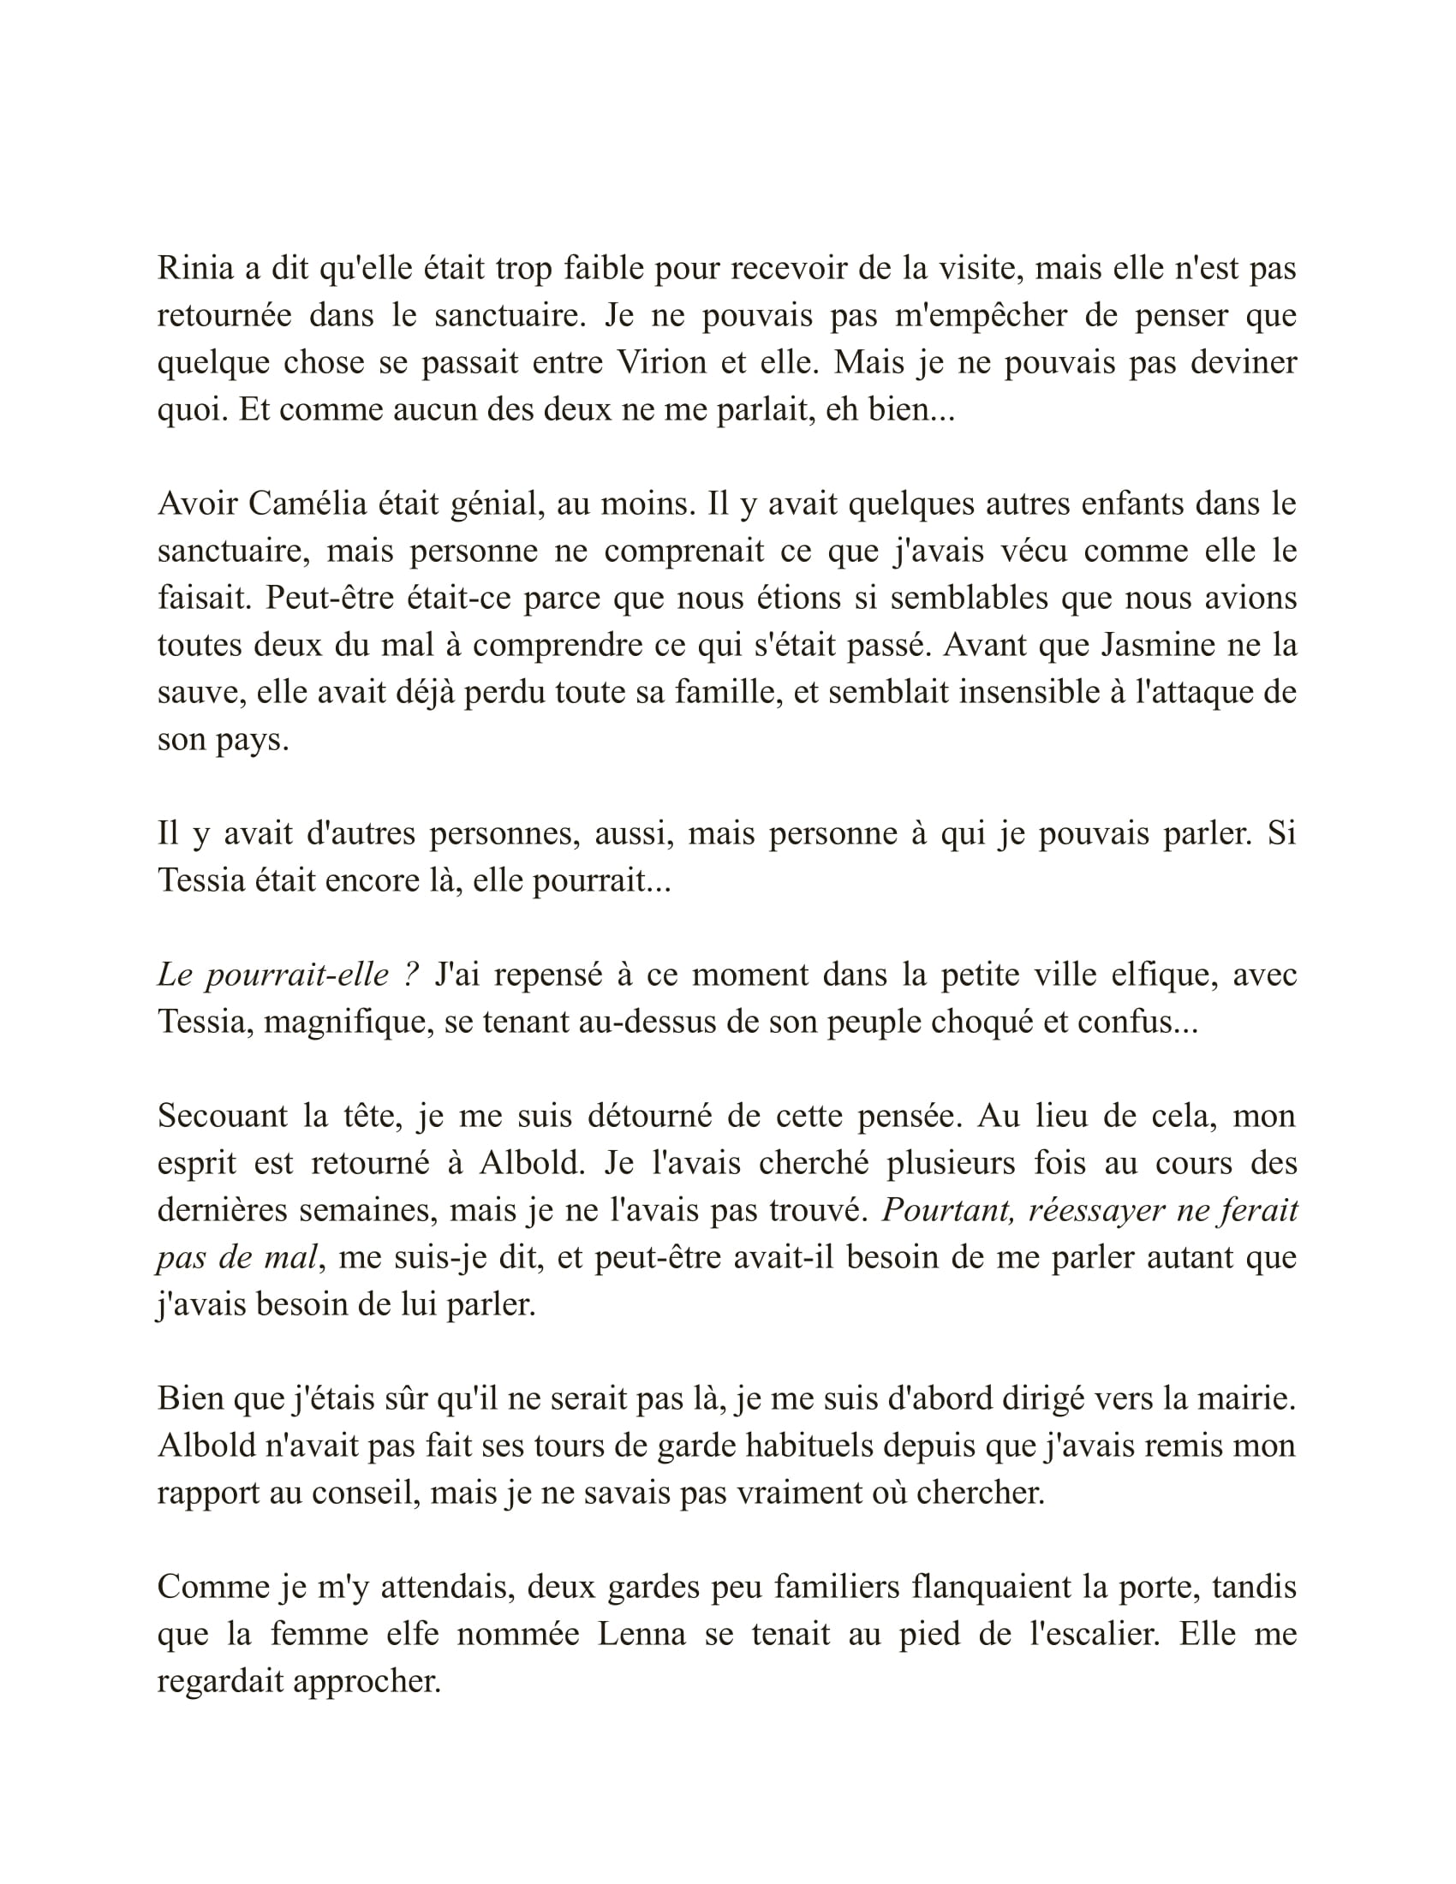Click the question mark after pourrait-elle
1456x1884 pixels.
[x=410, y=975]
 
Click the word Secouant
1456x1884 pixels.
[x=222, y=1116]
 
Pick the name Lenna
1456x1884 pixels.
[x=641, y=1634]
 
